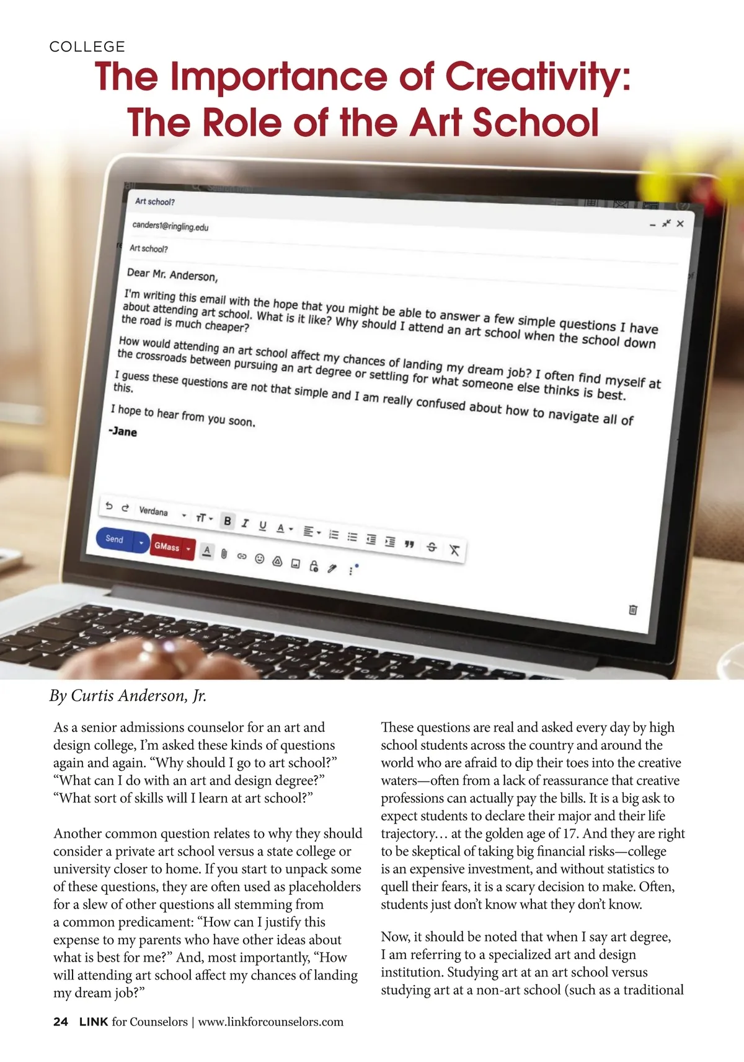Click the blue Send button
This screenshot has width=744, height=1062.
(x=115, y=539)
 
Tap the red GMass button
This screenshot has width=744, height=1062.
(x=167, y=546)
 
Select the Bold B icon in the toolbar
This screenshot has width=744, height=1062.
(x=228, y=521)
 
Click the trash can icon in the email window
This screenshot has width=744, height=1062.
(x=632, y=609)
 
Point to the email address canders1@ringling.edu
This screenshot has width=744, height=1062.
(x=170, y=226)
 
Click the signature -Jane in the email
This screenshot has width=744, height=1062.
(x=123, y=431)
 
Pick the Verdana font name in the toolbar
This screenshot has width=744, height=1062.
(x=153, y=511)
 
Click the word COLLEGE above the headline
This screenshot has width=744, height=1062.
(x=87, y=46)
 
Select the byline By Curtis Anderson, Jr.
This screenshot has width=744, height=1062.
(x=128, y=696)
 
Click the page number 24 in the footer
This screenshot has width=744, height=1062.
(x=61, y=1022)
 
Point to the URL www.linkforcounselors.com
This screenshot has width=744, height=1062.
(x=270, y=1022)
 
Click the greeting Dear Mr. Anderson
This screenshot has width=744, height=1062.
(x=172, y=274)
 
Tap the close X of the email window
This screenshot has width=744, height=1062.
(x=680, y=224)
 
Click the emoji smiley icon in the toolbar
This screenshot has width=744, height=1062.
(x=260, y=559)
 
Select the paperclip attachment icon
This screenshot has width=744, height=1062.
(x=224, y=553)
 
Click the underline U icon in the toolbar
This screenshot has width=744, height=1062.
(x=262, y=526)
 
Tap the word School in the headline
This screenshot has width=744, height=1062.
(x=536, y=122)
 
